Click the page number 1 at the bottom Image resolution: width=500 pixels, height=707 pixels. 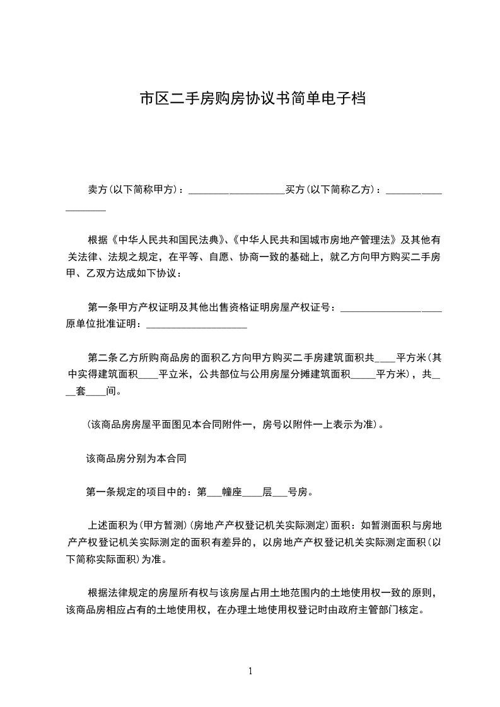point(250,670)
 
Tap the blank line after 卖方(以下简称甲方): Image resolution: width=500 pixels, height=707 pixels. point(236,190)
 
